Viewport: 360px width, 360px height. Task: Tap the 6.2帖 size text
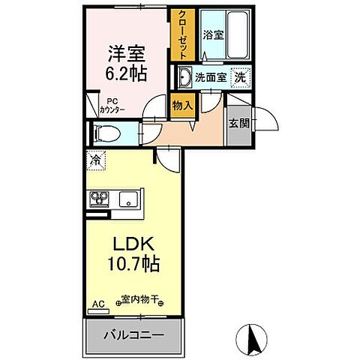pos(127,73)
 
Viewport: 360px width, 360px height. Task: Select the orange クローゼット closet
pos(181,34)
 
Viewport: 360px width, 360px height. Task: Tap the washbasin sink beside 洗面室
pos(184,76)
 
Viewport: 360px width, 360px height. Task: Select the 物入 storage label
pos(183,105)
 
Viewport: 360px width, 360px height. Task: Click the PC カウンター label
pos(112,106)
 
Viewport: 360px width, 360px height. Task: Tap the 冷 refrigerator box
pos(97,159)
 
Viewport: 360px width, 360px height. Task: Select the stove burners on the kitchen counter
pos(100,199)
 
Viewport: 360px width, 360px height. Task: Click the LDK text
pos(135,246)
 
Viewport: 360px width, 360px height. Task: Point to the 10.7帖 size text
pos(135,265)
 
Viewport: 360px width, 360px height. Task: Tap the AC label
pos(95,305)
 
